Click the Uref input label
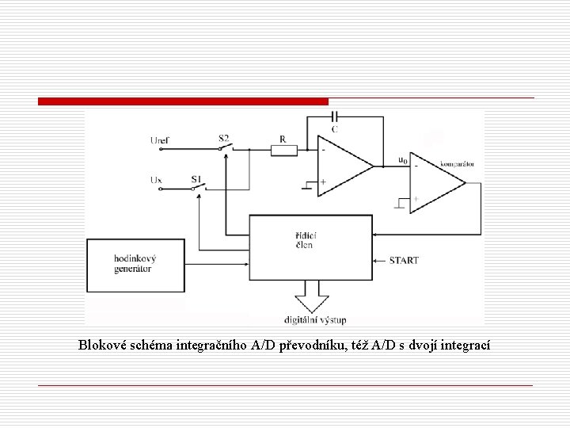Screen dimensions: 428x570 tap(159, 140)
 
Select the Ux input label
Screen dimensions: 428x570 tap(156, 180)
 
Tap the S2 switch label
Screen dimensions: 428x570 tap(223, 138)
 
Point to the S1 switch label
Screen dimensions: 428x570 tap(196, 179)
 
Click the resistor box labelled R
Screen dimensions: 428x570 tap(283, 149)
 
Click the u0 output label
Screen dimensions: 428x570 tap(403, 159)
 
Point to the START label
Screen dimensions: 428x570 tap(404, 260)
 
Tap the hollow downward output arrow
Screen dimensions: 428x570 tap(310, 301)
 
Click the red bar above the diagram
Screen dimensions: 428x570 tap(183, 101)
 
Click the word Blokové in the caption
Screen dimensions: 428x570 tap(101, 345)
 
